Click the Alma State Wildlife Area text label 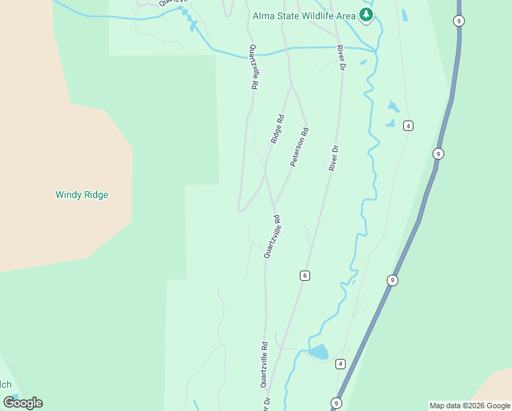click(305, 15)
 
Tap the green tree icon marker click(367, 15)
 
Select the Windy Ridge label click(81, 195)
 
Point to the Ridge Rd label click(277, 129)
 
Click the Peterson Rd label click(300, 146)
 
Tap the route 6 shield click(305, 275)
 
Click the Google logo click(23, 403)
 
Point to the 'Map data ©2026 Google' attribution click(470, 406)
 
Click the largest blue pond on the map click(318, 352)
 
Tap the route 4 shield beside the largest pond click(340, 364)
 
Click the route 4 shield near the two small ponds click(408, 125)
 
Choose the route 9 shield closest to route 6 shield click(392, 279)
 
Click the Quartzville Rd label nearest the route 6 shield click(272, 236)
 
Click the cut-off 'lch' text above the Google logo click(5, 384)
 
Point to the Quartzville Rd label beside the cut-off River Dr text click(263, 364)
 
